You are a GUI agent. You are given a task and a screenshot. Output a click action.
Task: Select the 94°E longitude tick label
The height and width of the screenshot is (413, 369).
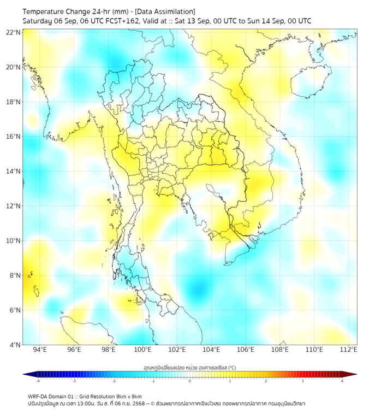click(x=40, y=350)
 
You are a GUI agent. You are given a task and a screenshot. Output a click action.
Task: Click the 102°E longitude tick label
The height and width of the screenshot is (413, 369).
click(x=177, y=350)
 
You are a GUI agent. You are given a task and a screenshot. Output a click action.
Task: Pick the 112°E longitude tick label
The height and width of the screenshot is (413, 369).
click(x=349, y=350)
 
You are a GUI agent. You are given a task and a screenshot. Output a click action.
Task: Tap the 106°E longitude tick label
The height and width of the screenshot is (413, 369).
click(x=246, y=350)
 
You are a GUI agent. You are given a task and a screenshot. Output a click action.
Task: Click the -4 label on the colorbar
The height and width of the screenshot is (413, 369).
click(x=37, y=381)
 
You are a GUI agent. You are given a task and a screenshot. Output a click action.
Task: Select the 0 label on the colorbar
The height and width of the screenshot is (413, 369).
click(x=190, y=381)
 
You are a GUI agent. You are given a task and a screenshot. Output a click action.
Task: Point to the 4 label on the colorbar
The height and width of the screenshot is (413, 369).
click(x=342, y=381)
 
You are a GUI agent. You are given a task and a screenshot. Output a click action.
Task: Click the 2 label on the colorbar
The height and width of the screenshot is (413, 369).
click(x=266, y=381)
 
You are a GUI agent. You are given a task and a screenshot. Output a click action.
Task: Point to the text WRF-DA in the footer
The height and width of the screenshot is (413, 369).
click(x=38, y=396)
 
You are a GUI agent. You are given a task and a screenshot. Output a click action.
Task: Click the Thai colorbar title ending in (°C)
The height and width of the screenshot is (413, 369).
click(x=189, y=367)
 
